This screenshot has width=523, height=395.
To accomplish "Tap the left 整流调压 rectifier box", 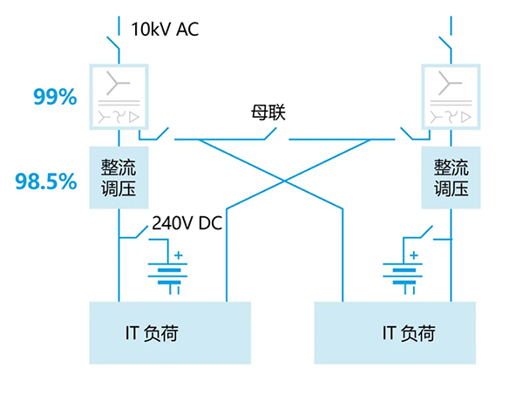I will pos(119,177).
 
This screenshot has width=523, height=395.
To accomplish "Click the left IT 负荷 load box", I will pos(170,332).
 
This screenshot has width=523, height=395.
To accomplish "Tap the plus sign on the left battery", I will pos(180,255).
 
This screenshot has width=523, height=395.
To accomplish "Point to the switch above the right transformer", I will pos(444,42).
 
